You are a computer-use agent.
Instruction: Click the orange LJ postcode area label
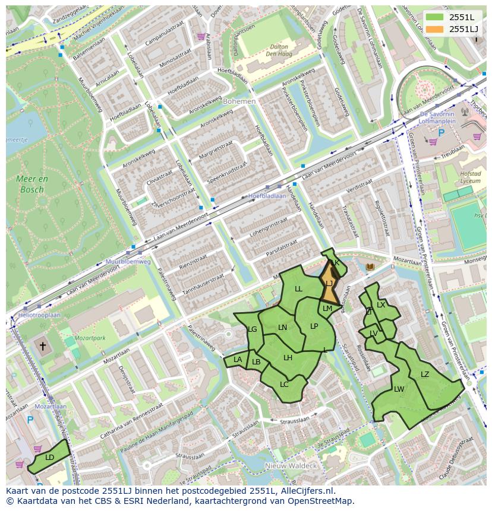(329, 284)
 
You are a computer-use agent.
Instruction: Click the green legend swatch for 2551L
(435, 18)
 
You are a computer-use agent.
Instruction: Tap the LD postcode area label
(50, 457)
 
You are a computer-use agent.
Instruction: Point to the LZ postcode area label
(425, 374)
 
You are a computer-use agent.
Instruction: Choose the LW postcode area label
(399, 389)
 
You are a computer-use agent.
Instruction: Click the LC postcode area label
(284, 384)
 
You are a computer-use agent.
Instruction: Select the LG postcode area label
(252, 329)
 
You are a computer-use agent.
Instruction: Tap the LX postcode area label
(381, 305)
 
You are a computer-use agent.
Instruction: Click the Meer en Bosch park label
(33, 184)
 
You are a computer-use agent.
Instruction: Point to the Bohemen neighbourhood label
(239, 101)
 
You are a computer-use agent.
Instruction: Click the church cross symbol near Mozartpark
(42, 345)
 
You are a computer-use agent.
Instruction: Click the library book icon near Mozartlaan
(370, 268)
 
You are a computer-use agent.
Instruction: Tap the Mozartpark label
(90, 338)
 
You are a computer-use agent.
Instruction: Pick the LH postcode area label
(288, 357)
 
